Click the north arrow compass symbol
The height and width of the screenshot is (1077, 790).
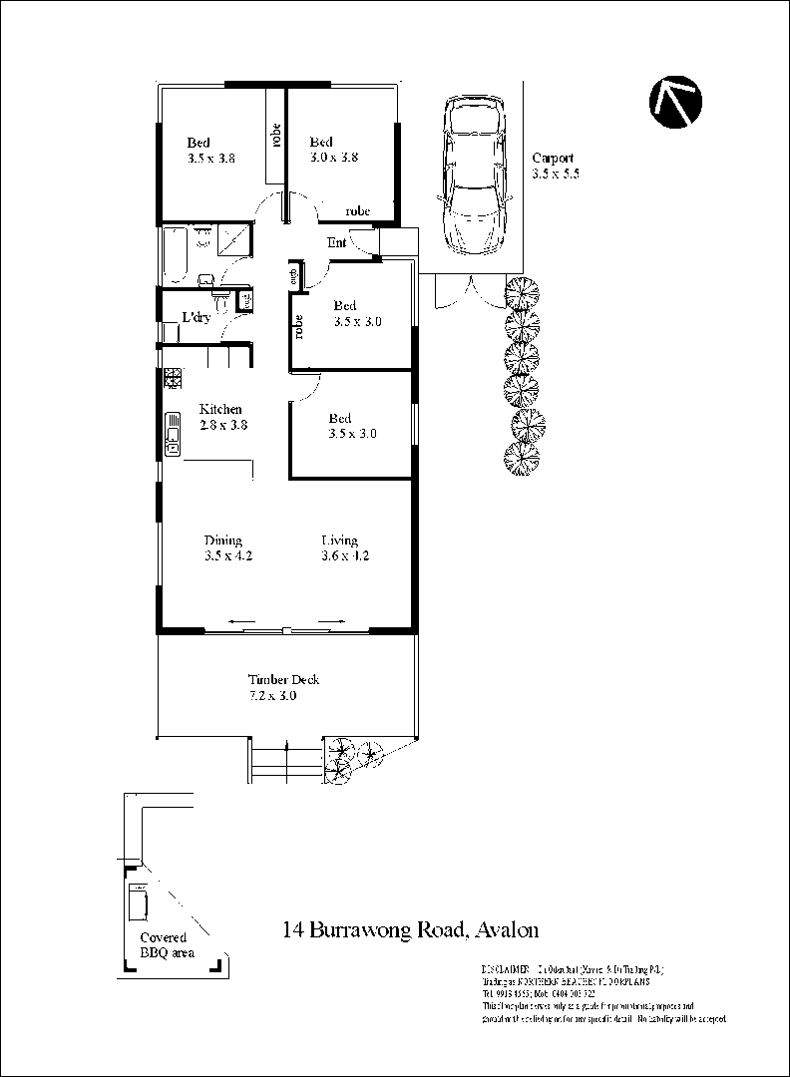pos(675,103)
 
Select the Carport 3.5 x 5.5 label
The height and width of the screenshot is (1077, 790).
pos(555,166)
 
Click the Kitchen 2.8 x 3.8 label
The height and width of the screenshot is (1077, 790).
pos(221,417)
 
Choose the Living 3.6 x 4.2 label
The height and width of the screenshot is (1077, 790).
pos(344,548)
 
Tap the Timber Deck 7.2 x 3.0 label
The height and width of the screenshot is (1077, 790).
pos(283,688)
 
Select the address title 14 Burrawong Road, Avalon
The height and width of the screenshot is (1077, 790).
pos(410,930)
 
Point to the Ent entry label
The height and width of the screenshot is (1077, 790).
pos(336,242)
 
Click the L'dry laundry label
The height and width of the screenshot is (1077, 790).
pos(196,318)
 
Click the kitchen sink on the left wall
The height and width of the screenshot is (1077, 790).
pos(173,435)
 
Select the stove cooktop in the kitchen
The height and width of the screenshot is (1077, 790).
pos(172,378)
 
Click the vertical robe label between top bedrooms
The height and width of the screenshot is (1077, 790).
pos(274,135)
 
